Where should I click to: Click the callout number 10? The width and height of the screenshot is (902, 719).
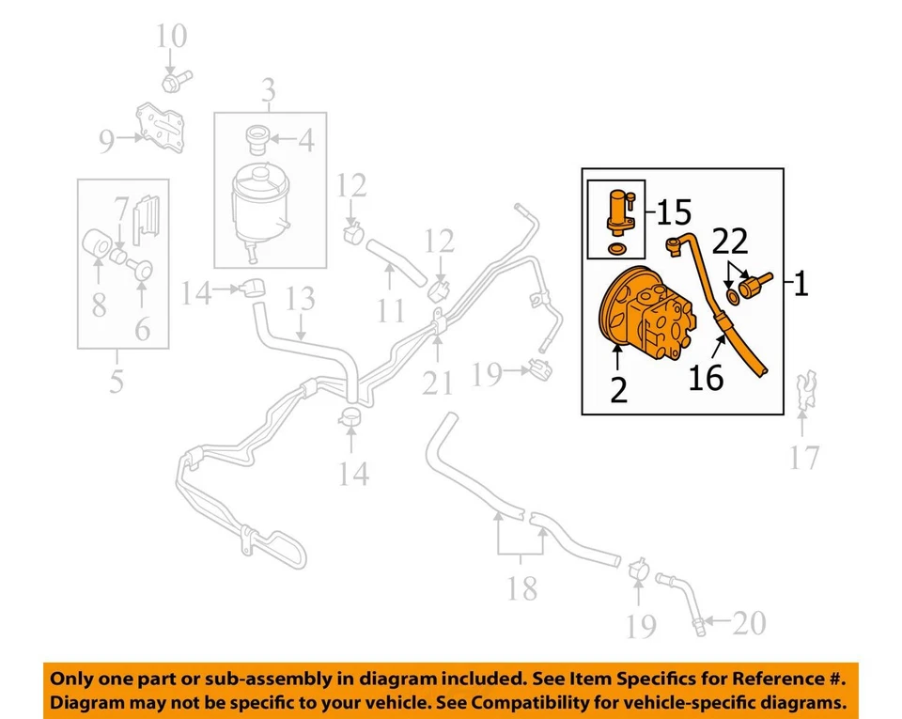pyautogui.click(x=172, y=37)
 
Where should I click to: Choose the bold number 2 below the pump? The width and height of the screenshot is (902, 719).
pyautogui.click(x=617, y=389)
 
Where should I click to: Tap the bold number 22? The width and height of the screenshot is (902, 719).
pyautogui.click(x=730, y=242)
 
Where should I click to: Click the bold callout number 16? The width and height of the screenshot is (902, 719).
pyautogui.click(x=706, y=377)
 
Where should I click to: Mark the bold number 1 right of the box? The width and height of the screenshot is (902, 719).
pyautogui.click(x=800, y=283)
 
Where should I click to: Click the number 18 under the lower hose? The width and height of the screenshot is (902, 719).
pyautogui.click(x=521, y=588)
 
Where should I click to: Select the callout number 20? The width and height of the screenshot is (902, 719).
pyautogui.click(x=749, y=623)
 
